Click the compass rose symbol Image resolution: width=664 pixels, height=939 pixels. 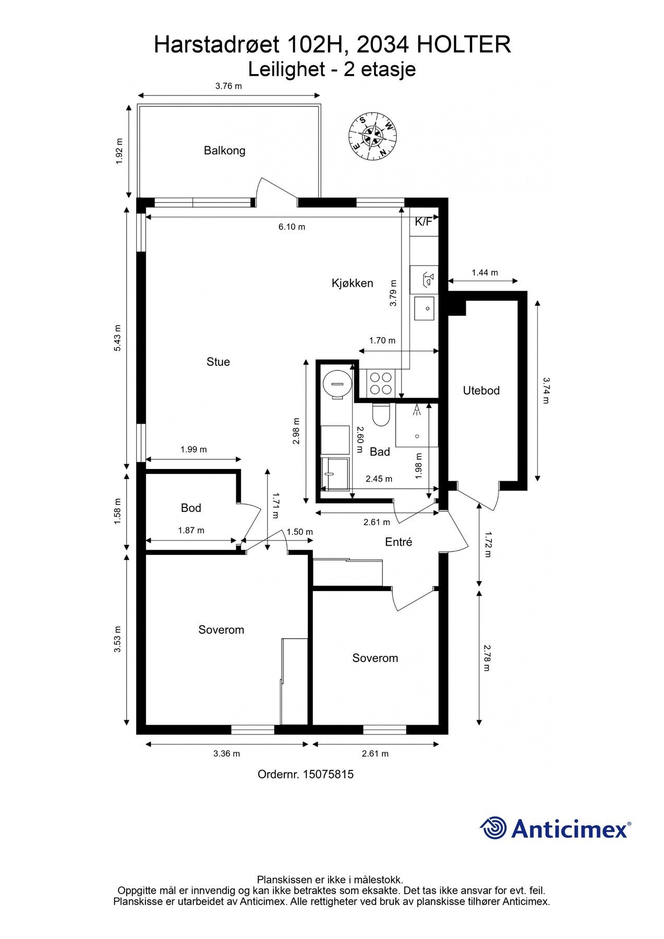(372, 136)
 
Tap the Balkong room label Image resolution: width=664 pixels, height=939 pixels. (224, 151)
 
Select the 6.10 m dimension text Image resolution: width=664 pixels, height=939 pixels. (292, 227)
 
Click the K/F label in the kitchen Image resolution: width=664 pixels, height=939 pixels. (423, 222)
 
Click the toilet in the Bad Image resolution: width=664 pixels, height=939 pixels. (380, 415)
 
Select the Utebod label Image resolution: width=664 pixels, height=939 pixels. (481, 391)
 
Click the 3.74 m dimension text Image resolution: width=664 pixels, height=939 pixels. (546, 390)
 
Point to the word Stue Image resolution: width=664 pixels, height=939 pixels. (218, 362)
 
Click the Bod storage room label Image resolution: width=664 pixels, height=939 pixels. (191, 508)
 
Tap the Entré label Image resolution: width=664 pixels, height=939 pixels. (399, 543)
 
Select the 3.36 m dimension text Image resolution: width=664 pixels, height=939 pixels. (226, 754)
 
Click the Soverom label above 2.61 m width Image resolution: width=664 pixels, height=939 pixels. (375, 658)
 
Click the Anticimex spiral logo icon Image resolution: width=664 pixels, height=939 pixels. (493, 828)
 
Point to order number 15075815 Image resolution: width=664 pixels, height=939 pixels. (305, 774)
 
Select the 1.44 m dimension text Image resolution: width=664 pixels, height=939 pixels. (485, 273)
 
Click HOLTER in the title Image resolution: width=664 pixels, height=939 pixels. (464, 45)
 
